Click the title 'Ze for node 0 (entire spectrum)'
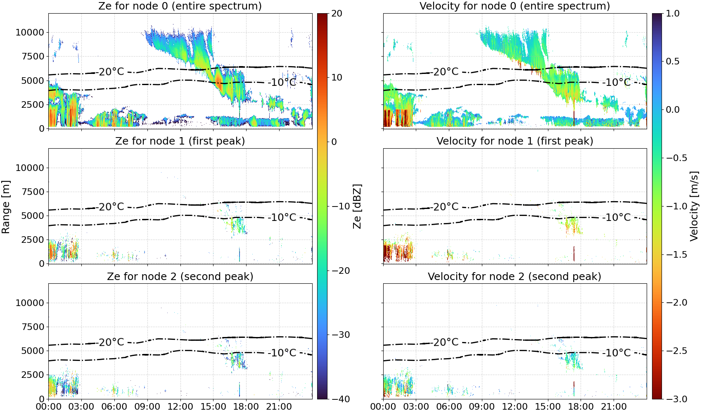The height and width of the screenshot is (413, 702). [x=180, y=6]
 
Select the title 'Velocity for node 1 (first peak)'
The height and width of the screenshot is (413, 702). [x=515, y=141]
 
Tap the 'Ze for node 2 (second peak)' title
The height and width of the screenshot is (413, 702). [x=180, y=276]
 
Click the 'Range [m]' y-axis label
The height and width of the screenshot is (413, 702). [x=6, y=206]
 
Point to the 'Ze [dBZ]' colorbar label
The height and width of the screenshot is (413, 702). [x=357, y=206]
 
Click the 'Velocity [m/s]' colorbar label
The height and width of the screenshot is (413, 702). [x=694, y=206]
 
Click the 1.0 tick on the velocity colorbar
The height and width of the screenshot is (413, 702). [x=673, y=14]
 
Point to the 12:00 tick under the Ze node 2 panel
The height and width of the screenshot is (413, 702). [x=180, y=407]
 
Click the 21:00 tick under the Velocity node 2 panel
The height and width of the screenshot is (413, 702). [x=614, y=407]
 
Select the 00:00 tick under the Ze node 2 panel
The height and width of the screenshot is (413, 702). [x=49, y=407]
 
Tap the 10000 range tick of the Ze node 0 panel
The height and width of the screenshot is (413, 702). [x=30, y=32]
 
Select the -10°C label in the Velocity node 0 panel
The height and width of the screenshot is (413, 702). [x=616, y=83]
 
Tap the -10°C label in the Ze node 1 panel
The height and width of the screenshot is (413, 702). [x=282, y=218]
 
